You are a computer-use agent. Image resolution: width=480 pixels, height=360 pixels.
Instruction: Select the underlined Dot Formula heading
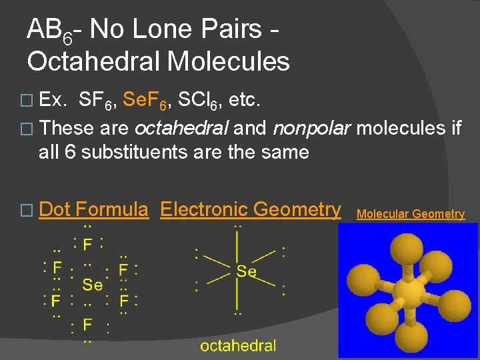(x=93, y=210)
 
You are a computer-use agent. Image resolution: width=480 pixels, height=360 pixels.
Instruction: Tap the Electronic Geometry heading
(x=251, y=210)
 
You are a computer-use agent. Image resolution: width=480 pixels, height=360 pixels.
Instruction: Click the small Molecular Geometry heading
(x=411, y=214)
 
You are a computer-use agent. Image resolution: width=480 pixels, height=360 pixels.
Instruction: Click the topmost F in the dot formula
(x=87, y=244)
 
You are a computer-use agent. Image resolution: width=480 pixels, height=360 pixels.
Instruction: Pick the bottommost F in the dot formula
(x=87, y=325)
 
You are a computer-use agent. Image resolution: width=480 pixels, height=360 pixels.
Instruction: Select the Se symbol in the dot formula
(x=93, y=285)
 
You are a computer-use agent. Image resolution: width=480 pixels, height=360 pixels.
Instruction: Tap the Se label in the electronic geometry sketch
(x=247, y=271)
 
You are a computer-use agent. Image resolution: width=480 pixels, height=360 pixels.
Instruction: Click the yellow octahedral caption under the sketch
(x=238, y=345)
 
